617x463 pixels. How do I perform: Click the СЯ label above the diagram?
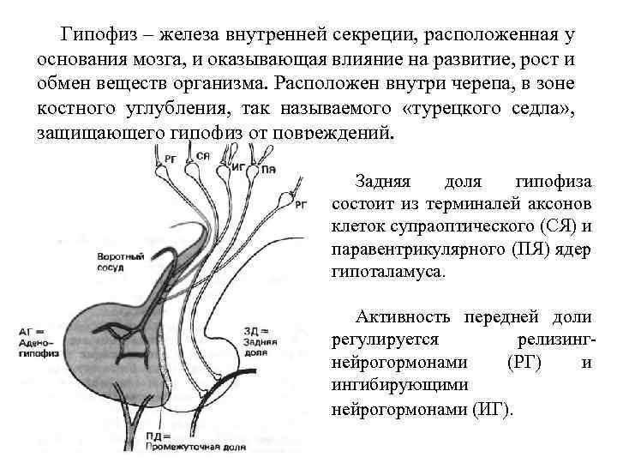(x=203, y=155)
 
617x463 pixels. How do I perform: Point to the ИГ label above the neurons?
(x=238, y=167)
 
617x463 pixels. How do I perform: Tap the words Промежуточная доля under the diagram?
(x=183, y=447)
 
